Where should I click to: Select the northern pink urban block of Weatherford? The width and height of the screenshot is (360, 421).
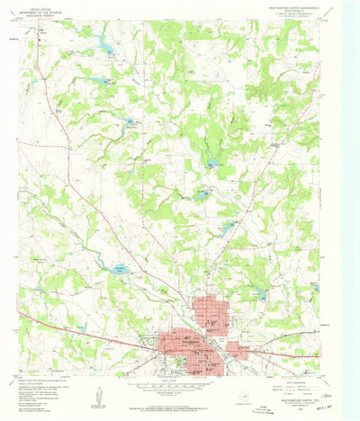pyautogui.click(x=211, y=315)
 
